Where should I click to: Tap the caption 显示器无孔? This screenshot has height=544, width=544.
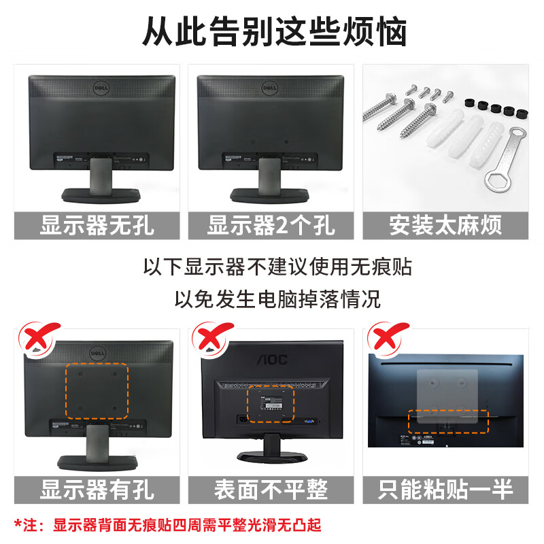97,225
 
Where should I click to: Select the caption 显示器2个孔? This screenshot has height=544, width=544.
271,225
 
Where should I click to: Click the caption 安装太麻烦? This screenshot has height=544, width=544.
445,225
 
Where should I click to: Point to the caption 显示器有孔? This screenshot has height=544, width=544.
97,488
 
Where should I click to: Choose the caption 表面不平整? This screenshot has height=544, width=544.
271,488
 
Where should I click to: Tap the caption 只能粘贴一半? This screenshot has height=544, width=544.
445,488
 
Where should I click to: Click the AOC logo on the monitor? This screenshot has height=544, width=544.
271,359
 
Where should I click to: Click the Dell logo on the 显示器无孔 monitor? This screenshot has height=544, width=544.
102,88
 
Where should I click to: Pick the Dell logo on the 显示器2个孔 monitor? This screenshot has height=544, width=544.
271,88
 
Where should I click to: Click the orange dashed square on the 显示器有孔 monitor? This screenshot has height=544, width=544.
97,390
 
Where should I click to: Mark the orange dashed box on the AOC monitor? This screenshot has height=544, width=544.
269,406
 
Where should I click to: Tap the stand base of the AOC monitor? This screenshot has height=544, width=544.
271,455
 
